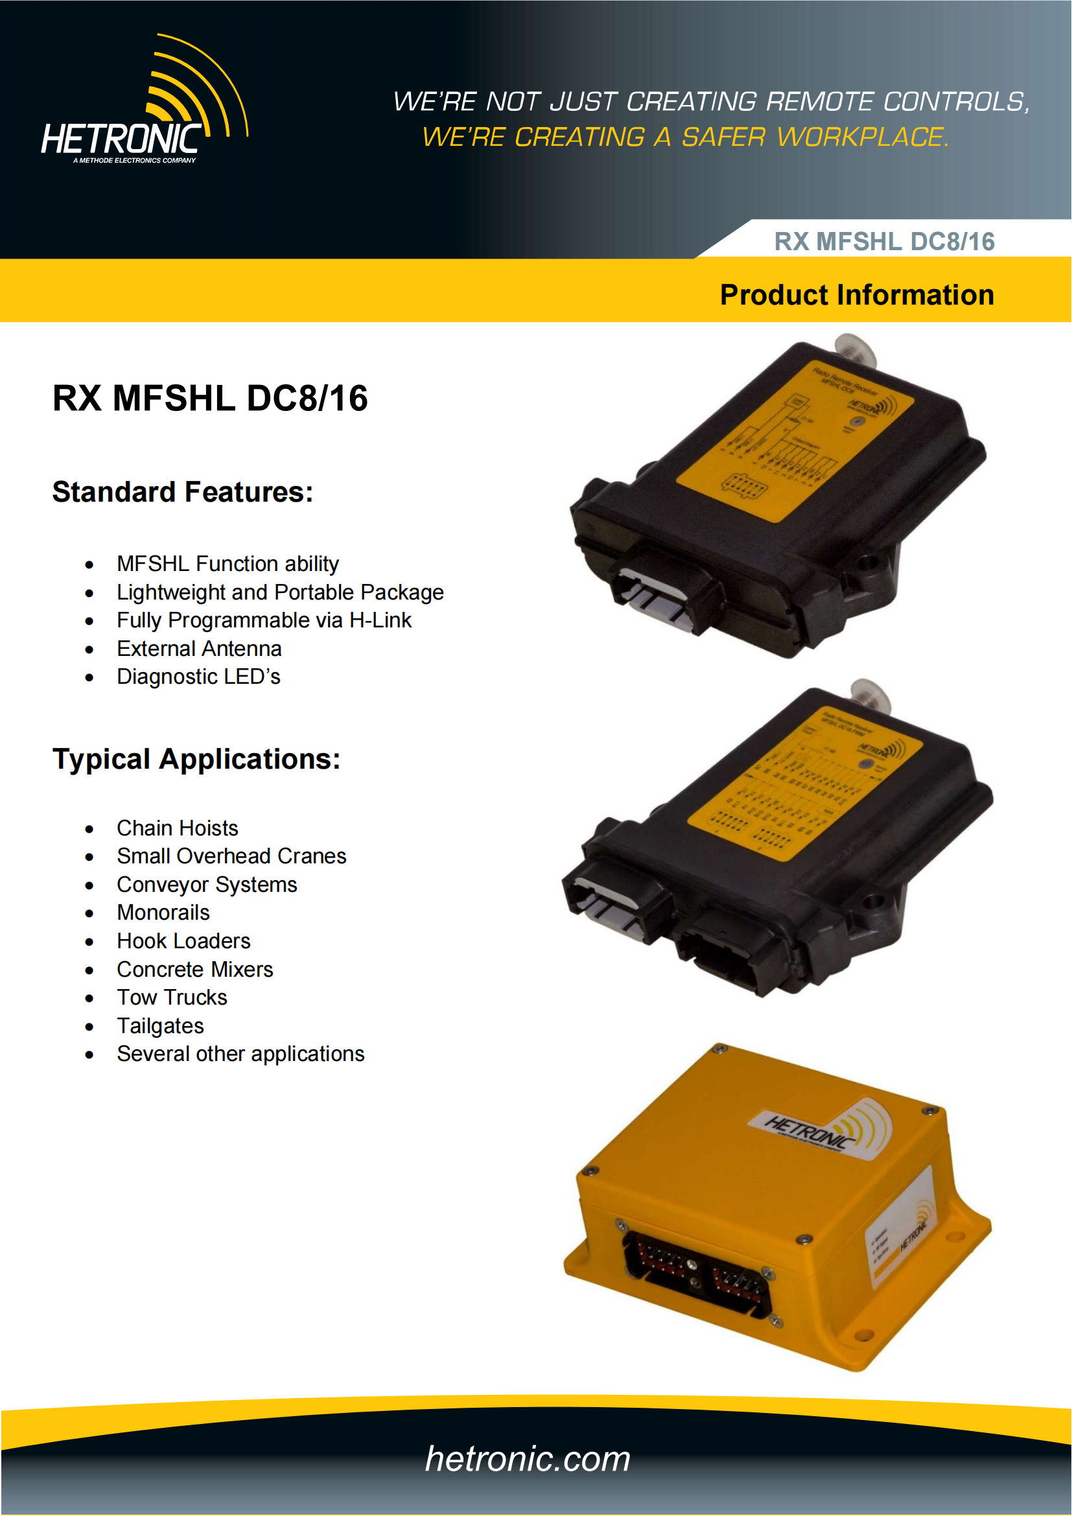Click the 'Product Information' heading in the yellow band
click(856, 295)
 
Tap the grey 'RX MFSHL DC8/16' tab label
click(884, 242)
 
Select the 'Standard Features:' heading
click(183, 493)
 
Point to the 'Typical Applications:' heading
click(196, 760)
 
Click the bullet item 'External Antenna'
click(199, 649)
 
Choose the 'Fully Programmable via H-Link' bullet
click(264, 621)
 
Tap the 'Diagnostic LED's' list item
click(198, 677)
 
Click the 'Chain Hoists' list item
click(177, 829)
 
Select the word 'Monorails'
click(163, 913)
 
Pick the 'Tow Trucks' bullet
click(172, 997)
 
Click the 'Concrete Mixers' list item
click(194, 970)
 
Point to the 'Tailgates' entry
click(160, 1026)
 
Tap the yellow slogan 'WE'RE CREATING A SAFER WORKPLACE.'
click(685, 137)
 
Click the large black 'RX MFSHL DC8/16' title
click(210, 399)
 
